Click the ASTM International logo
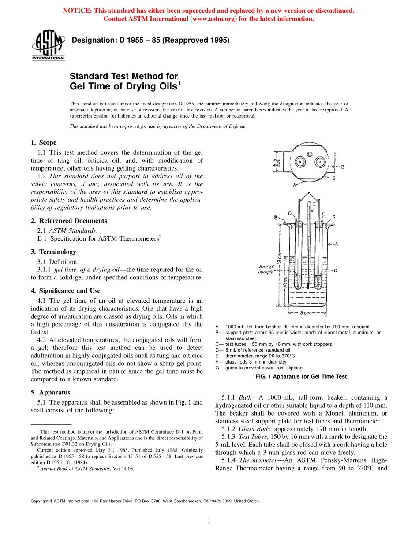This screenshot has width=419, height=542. (48, 45)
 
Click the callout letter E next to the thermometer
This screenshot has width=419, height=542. (314, 205)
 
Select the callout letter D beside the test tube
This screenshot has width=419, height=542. (335, 271)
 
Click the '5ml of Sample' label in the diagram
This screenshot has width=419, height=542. (266, 269)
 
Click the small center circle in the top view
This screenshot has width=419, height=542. (310, 154)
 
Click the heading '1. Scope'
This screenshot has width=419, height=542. (43, 142)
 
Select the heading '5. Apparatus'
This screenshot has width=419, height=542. (50, 392)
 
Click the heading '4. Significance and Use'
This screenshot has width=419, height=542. (65, 291)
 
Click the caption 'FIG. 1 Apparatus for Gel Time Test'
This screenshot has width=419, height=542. (301, 376)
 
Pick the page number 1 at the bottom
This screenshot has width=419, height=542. (209, 521)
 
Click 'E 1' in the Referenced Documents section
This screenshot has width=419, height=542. (42, 238)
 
